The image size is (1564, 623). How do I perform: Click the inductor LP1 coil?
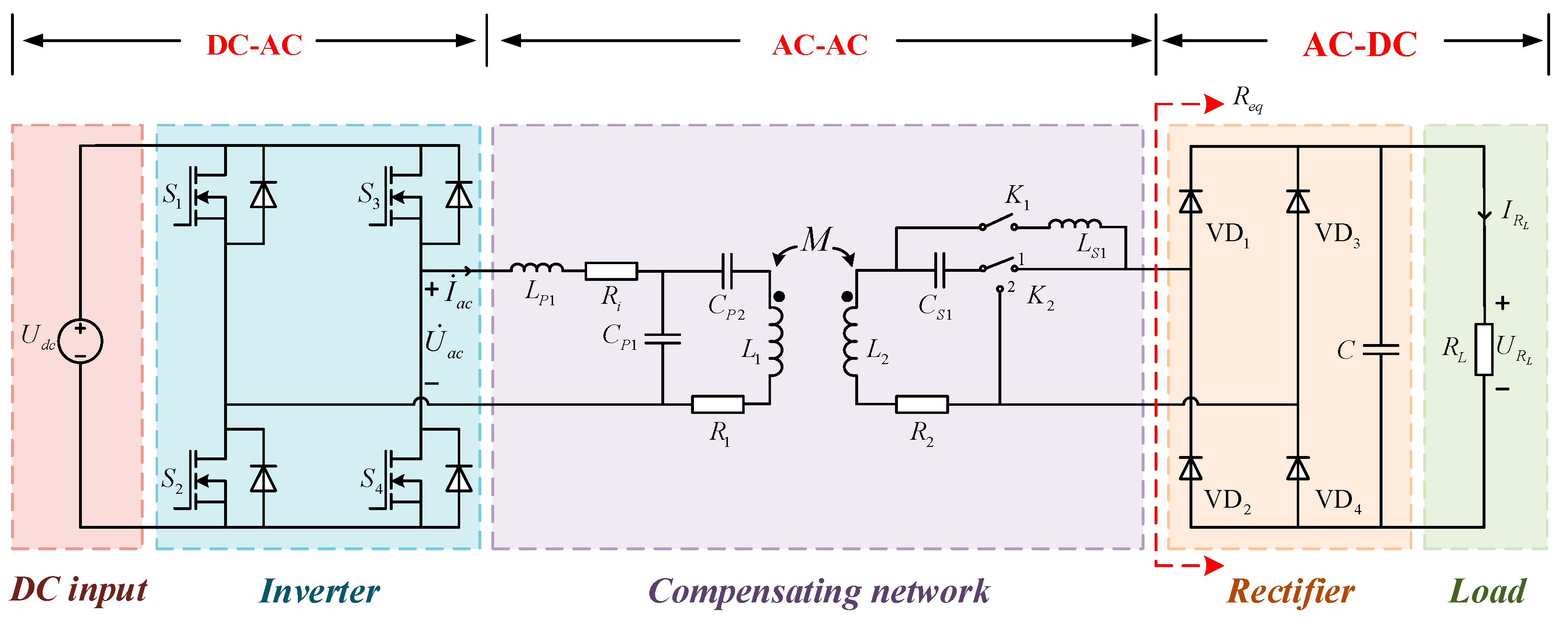pyautogui.click(x=537, y=267)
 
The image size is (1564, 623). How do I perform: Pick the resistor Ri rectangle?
pyautogui.click(x=611, y=271)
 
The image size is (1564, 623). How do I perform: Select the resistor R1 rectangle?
pyautogui.click(x=718, y=404)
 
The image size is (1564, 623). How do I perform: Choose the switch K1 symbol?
pyautogui.click(x=998, y=222)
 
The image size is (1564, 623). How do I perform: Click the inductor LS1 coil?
pyautogui.click(x=1075, y=224)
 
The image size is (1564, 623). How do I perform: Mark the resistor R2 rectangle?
pyautogui.click(x=922, y=404)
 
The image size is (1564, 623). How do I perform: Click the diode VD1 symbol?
pyautogui.click(x=1190, y=201)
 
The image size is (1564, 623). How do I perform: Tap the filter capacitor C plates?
pyautogui.click(x=1381, y=350)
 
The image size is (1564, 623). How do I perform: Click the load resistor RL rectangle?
pyautogui.click(x=1484, y=349)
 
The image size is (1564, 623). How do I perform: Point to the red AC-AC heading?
pyautogui.click(x=820, y=45)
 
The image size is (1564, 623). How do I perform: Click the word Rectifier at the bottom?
pyautogui.click(x=1290, y=591)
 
